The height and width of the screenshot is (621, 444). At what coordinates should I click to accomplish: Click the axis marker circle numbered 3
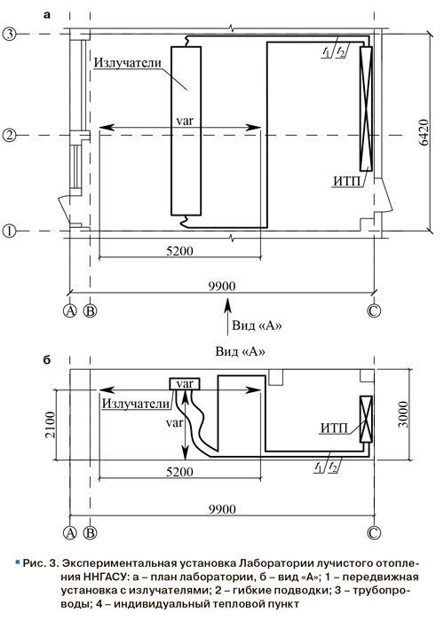9,34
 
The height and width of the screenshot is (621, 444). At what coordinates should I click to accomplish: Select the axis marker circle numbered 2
9,136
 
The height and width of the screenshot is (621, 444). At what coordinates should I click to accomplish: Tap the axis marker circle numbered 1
9,231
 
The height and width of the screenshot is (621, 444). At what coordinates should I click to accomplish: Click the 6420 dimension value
424,132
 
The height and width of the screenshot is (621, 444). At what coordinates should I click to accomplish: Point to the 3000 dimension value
403,414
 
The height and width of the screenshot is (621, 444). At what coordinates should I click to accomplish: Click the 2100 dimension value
51,425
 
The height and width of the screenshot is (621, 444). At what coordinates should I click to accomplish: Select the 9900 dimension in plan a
222,286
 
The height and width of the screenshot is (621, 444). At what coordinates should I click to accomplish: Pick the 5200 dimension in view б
179,472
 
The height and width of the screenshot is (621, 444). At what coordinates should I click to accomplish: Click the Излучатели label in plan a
128,63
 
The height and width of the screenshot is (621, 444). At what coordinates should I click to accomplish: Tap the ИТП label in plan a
347,181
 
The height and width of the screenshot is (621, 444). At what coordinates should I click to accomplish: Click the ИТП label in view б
334,428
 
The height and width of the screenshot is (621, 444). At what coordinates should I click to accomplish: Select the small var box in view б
185,384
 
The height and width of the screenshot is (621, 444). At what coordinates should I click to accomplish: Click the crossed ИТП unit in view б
366,419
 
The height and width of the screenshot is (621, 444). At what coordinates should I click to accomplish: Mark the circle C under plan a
373,310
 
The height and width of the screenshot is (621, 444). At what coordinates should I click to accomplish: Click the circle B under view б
91,532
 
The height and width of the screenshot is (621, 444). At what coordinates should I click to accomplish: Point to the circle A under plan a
70,310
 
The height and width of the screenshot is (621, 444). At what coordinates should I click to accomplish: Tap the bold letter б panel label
47,360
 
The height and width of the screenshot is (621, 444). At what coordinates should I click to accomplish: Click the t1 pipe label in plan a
326,51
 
